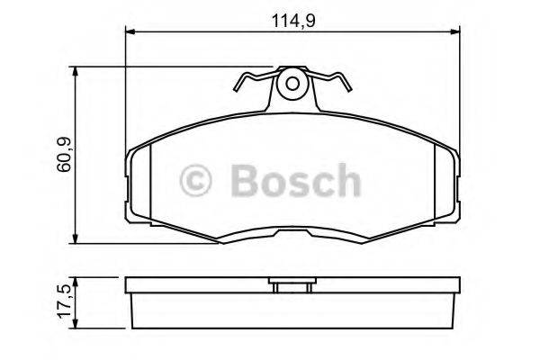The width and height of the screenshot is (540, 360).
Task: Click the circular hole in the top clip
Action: coord(290,85)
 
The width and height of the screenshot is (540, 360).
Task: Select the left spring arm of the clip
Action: coord(251,83)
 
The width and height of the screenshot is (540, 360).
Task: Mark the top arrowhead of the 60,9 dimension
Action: coord(82,71)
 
